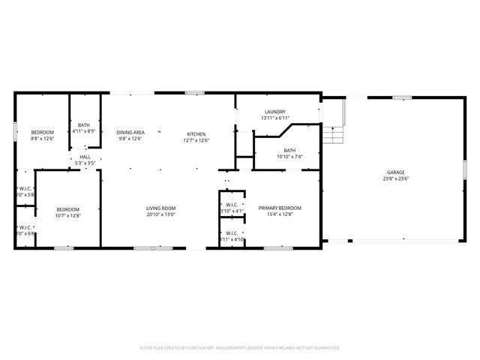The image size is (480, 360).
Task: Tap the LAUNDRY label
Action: (x=274, y=112)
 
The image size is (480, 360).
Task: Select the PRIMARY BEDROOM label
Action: (x=280, y=208)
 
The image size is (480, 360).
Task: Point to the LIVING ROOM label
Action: (x=160, y=208)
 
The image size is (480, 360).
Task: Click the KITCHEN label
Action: (x=196, y=133)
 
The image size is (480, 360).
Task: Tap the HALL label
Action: (x=85, y=157)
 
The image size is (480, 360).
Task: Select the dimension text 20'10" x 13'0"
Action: (x=160, y=214)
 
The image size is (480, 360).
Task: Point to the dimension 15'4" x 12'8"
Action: (x=280, y=214)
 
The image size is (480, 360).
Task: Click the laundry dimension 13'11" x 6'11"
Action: (x=274, y=118)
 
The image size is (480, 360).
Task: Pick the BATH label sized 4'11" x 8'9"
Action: (x=84, y=124)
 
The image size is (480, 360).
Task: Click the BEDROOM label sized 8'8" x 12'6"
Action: (x=42, y=133)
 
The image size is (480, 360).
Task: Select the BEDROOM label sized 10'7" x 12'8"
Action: (x=67, y=209)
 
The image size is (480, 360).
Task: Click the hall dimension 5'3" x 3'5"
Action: (x=85, y=163)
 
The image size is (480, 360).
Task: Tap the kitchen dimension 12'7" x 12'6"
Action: (x=196, y=139)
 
